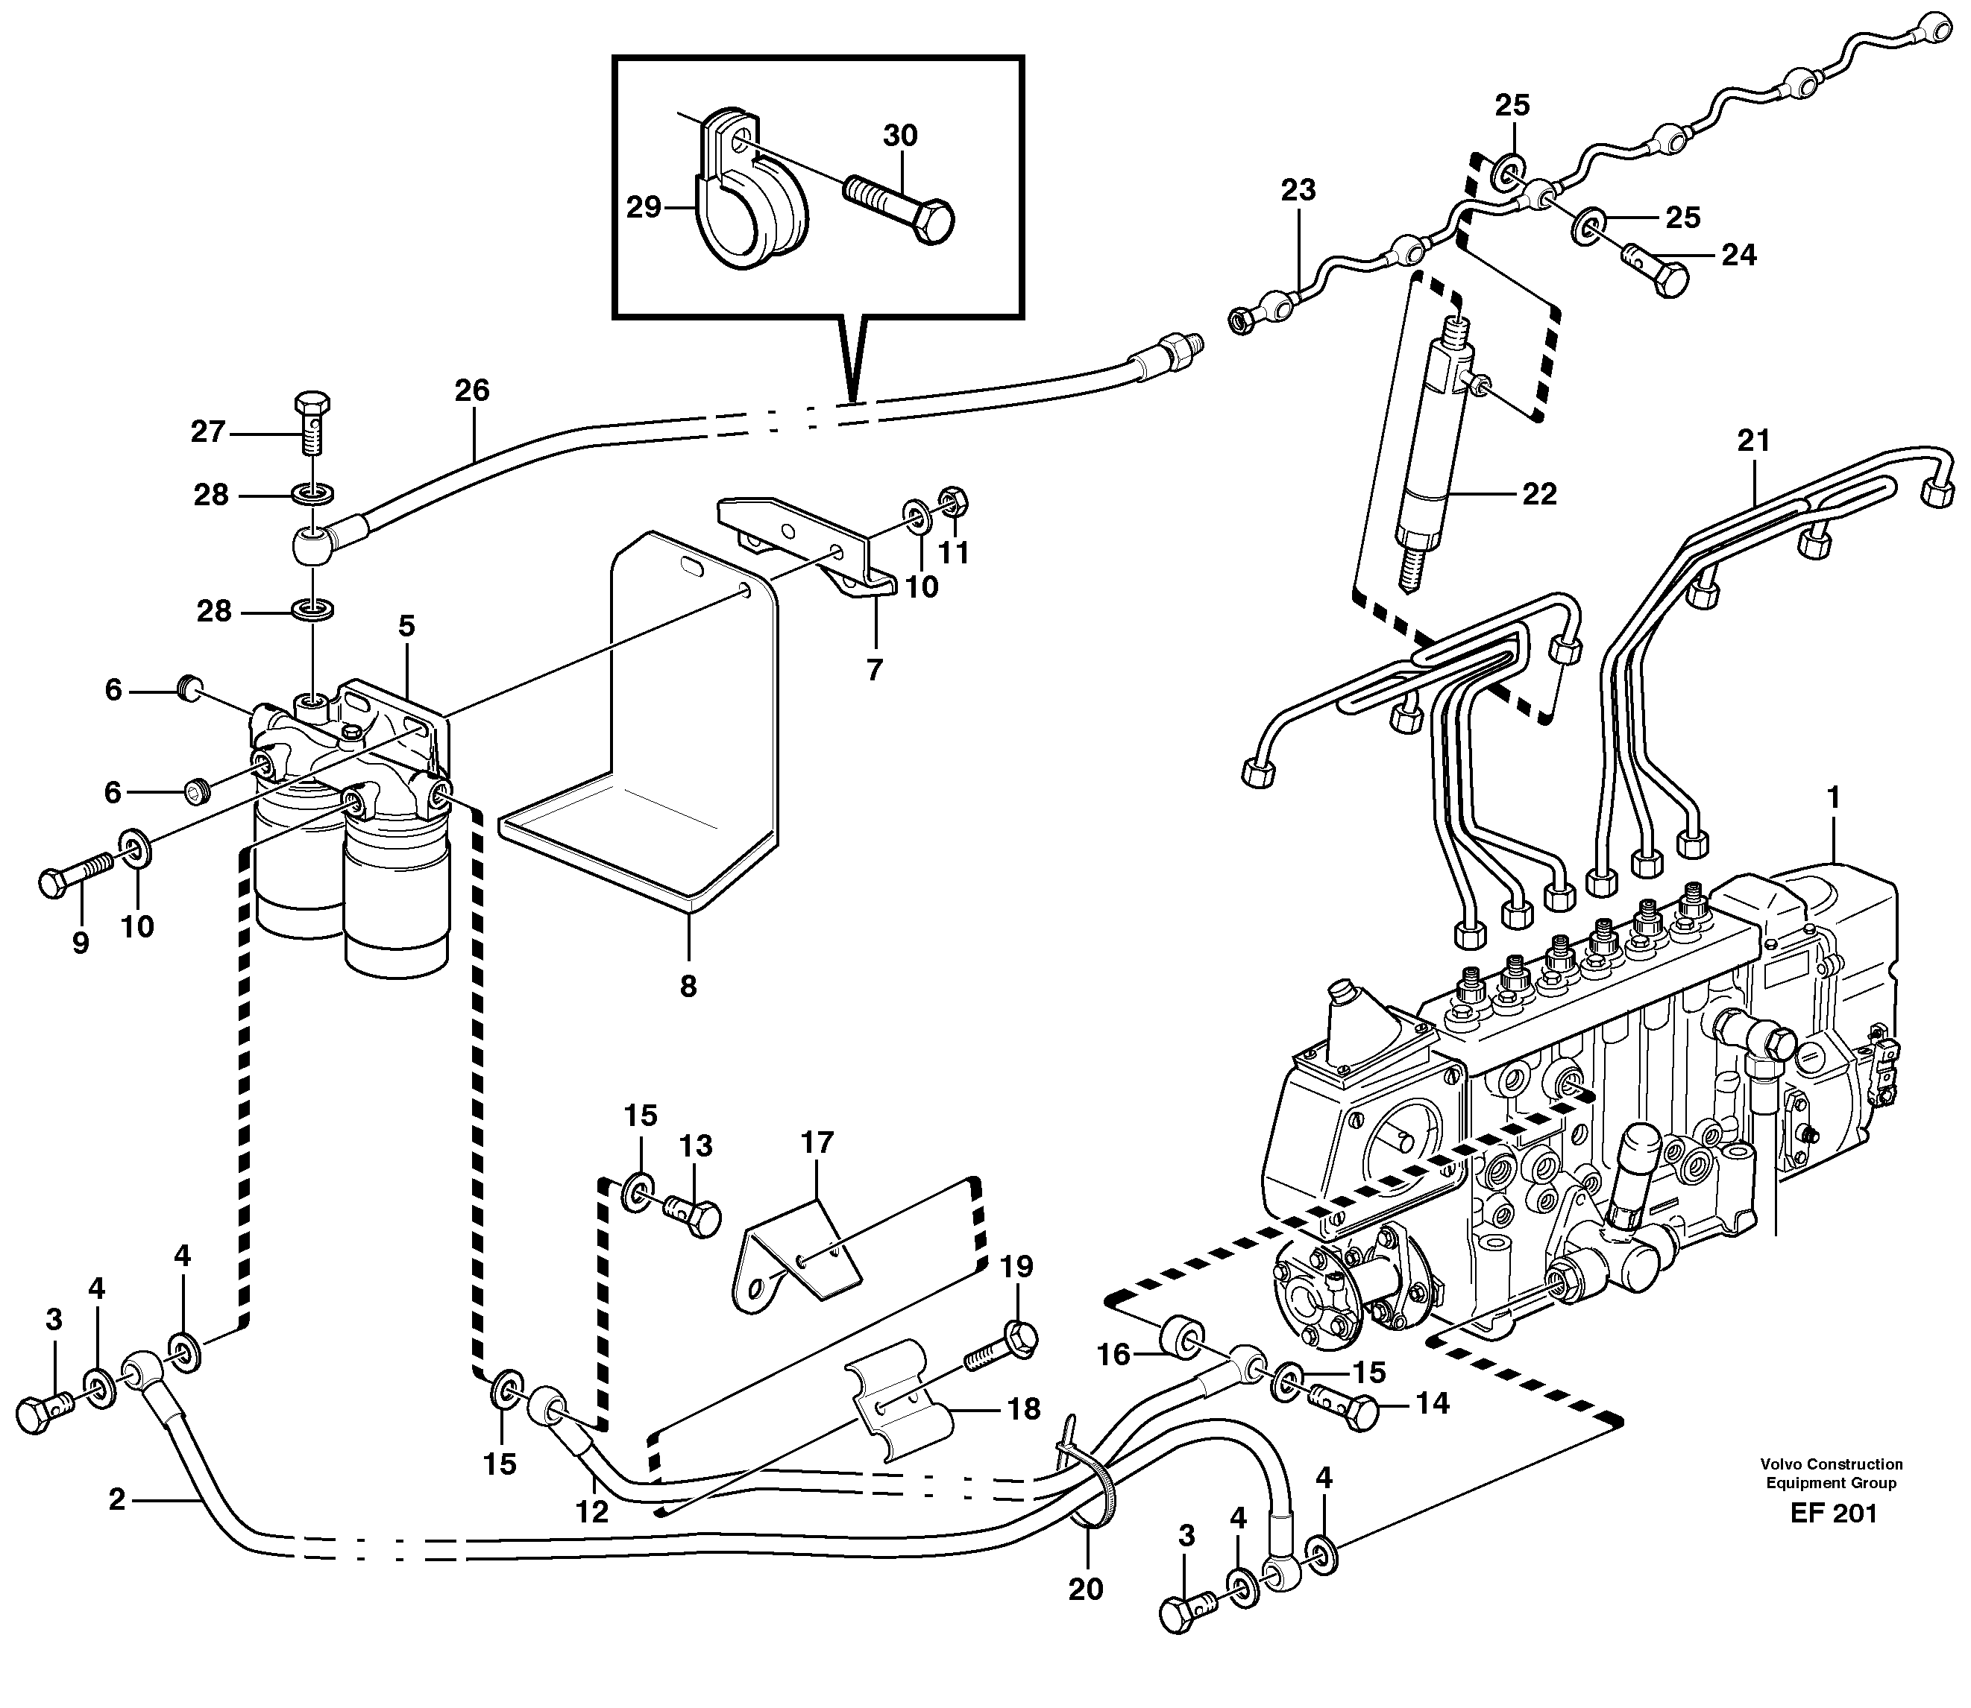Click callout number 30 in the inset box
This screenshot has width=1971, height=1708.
click(x=899, y=136)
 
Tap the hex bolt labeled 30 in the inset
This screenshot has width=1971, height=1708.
click(x=901, y=208)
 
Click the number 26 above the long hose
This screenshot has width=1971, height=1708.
click(x=472, y=390)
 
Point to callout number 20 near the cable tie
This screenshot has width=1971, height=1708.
click(x=1086, y=1589)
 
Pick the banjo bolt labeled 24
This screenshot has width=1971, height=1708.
click(x=1659, y=269)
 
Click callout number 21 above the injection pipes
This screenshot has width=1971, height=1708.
click(x=1752, y=440)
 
